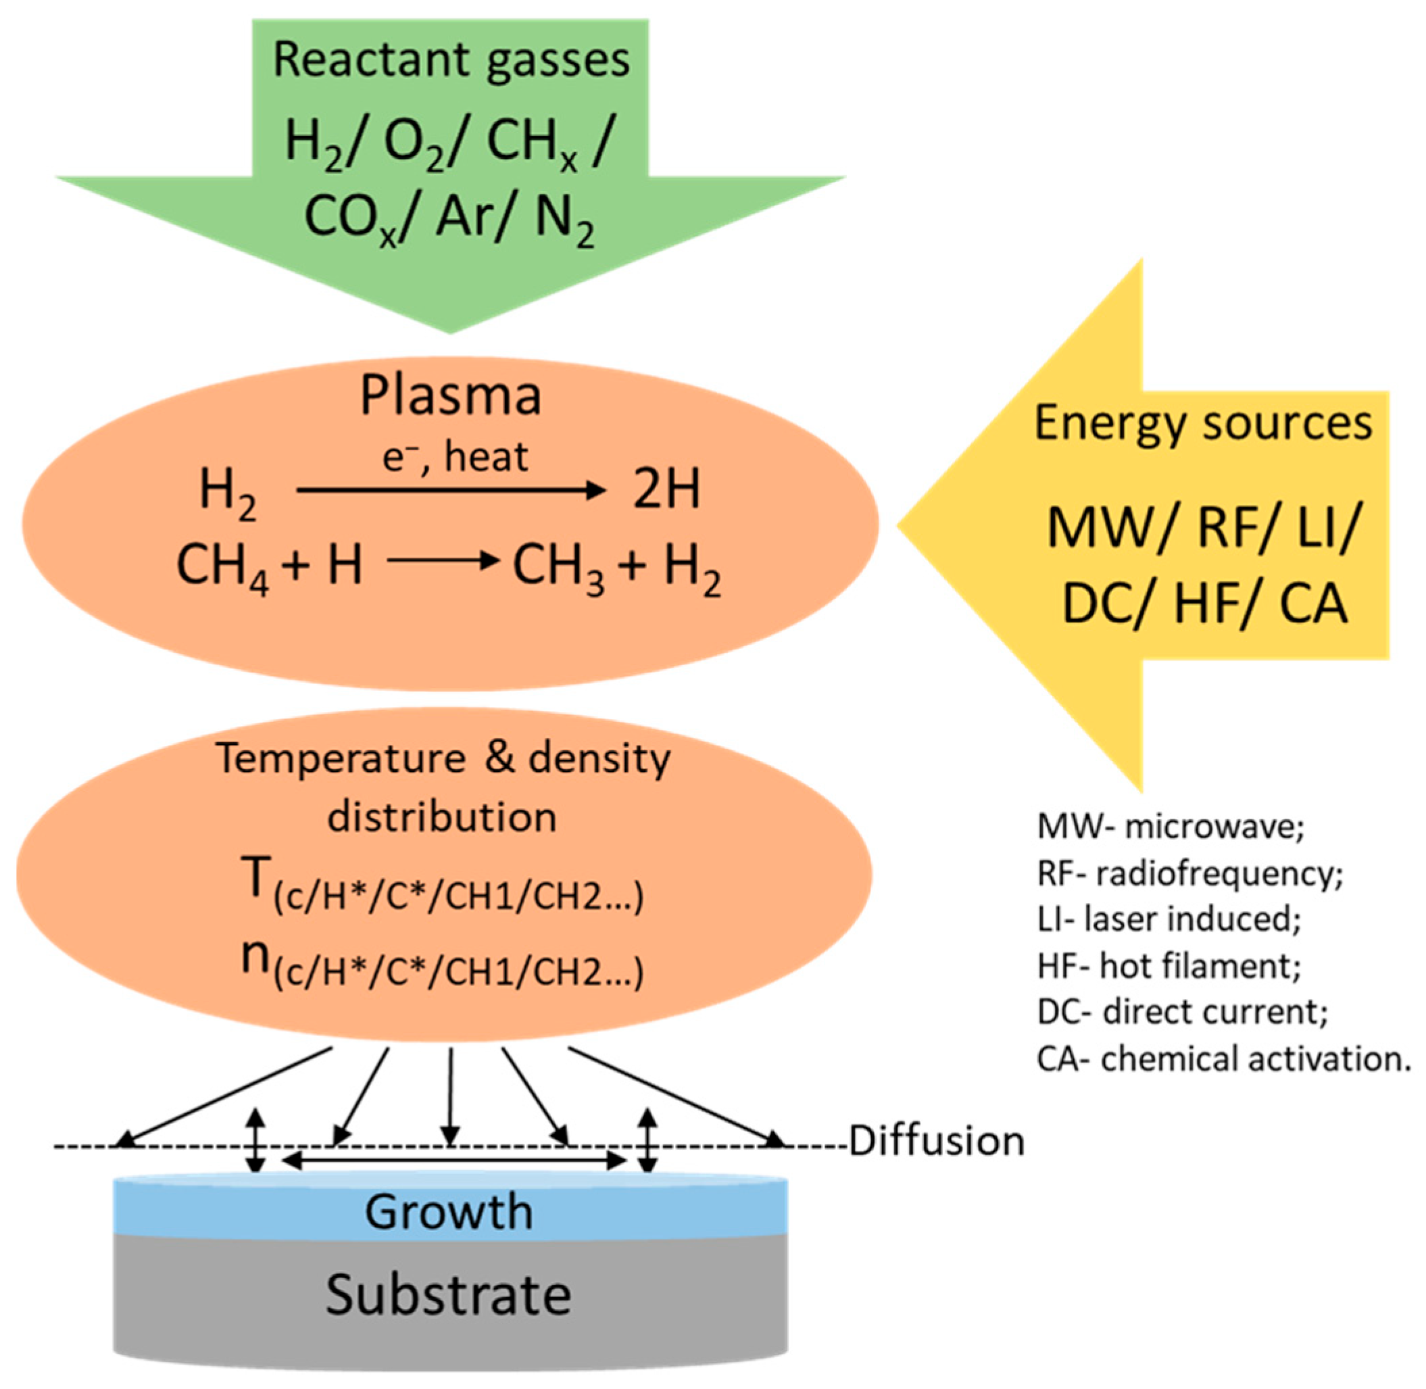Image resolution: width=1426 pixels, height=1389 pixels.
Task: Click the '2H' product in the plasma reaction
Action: coord(666,489)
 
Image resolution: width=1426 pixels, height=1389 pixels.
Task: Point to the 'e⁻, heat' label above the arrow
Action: coord(455,458)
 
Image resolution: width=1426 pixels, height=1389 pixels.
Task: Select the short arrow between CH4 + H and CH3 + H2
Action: coord(443,560)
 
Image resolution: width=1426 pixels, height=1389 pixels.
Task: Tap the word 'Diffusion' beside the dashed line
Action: coord(937,1141)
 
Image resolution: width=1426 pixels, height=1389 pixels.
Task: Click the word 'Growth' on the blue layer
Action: coord(449,1212)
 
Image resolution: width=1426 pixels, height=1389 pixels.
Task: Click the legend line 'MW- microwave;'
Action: coord(1170,827)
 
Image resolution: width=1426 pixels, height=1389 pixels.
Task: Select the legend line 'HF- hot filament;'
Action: coord(1169,967)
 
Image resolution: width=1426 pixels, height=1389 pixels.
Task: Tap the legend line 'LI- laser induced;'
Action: coord(1169,920)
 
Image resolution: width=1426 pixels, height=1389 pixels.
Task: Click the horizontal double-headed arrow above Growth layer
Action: coord(453,1161)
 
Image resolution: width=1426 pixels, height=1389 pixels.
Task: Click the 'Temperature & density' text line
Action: coord(443,758)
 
